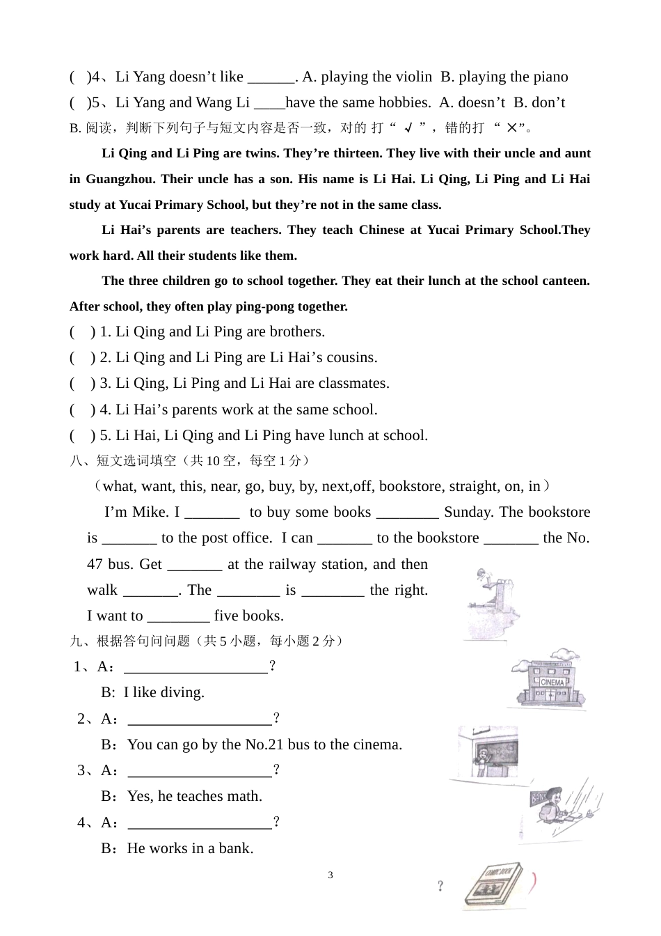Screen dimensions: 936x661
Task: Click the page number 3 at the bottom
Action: click(x=330, y=875)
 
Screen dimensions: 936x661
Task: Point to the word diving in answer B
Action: click(x=182, y=692)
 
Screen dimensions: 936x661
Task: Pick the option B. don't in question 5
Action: click(x=539, y=102)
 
